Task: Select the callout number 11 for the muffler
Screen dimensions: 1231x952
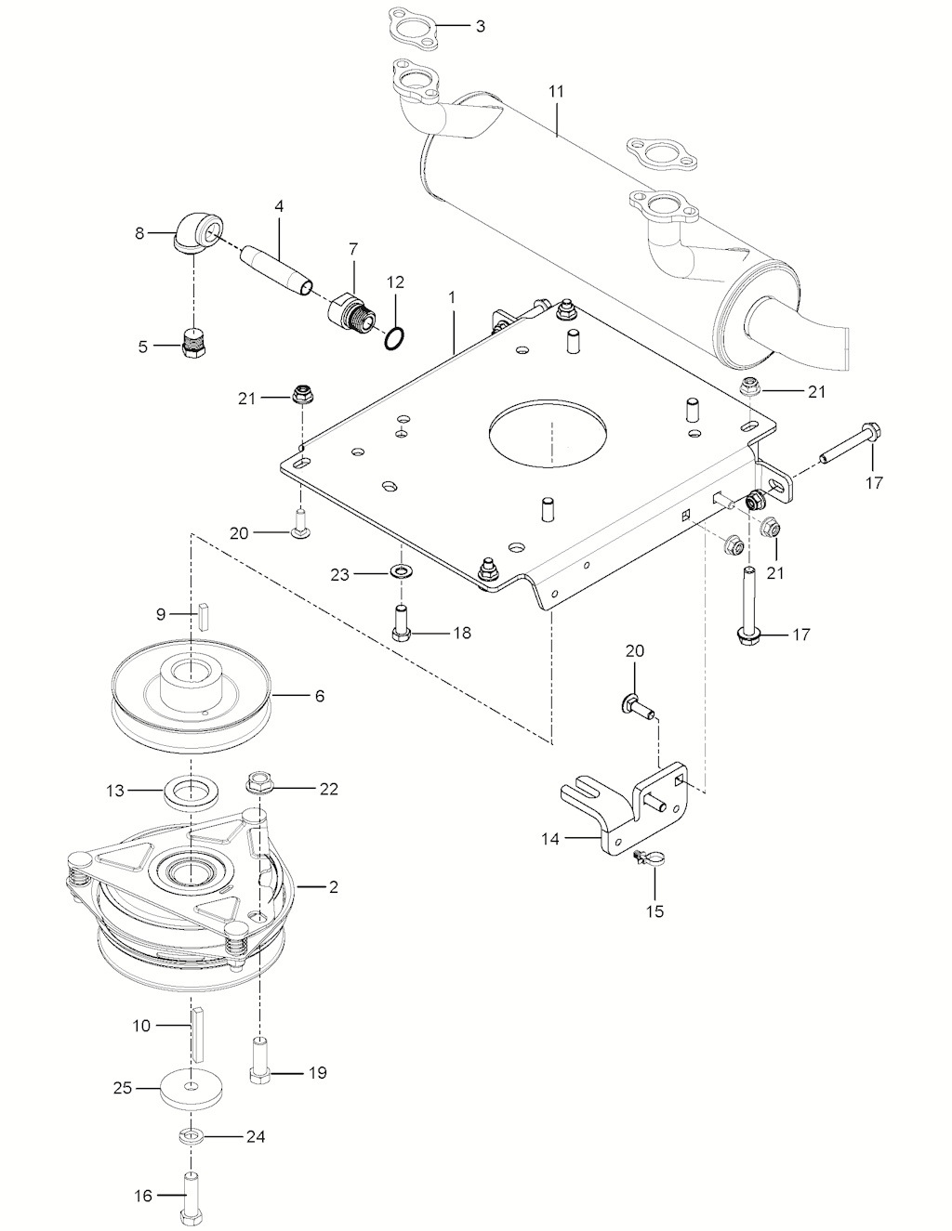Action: coord(556,92)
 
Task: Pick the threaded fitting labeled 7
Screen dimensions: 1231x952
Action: coord(350,311)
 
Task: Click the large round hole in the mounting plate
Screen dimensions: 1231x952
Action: coord(549,429)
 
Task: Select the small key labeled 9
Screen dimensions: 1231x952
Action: coord(201,615)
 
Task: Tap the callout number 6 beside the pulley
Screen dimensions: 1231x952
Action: coord(319,695)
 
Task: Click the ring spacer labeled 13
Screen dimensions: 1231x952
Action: coord(191,792)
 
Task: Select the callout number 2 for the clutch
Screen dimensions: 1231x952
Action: coord(333,887)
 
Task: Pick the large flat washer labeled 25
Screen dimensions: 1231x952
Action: coord(191,1088)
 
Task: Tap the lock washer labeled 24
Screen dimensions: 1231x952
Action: coord(192,1136)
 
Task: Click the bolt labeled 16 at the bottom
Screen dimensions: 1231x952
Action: coord(192,1198)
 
